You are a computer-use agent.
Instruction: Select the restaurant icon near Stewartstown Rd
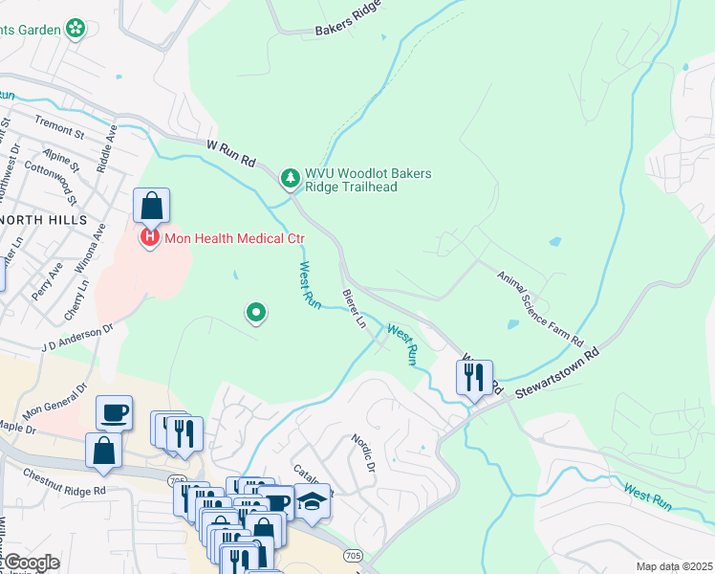click(473, 378)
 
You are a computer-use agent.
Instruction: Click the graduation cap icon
click(312, 501)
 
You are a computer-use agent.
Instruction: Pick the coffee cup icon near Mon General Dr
click(114, 412)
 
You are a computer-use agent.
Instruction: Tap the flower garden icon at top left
click(76, 30)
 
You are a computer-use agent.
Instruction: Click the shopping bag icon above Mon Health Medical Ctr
click(151, 205)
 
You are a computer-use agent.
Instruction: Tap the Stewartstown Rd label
click(559, 368)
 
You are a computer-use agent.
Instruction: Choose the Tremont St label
click(60, 121)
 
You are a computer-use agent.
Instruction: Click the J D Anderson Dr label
click(76, 333)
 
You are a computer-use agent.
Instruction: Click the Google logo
click(32, 563)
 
